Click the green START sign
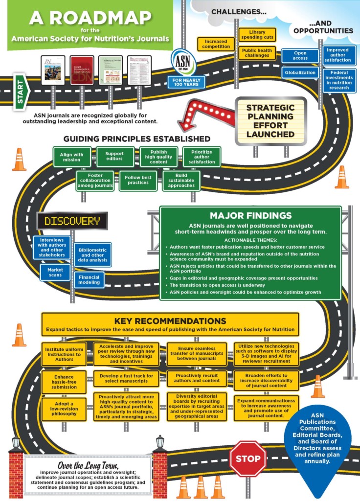[x=21, y=90]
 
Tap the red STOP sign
[x=248, y=459]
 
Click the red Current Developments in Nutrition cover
[x=82, y=70]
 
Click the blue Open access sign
[x=300, y=55]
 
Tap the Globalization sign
[x=300, y=72]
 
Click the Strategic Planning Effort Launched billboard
[x=270, y=121]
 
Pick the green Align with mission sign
[x=72, y=157]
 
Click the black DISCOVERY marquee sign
[x=72, y=221]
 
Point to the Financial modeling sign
[x=89, y=280]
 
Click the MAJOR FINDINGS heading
[x=250, y=216]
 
